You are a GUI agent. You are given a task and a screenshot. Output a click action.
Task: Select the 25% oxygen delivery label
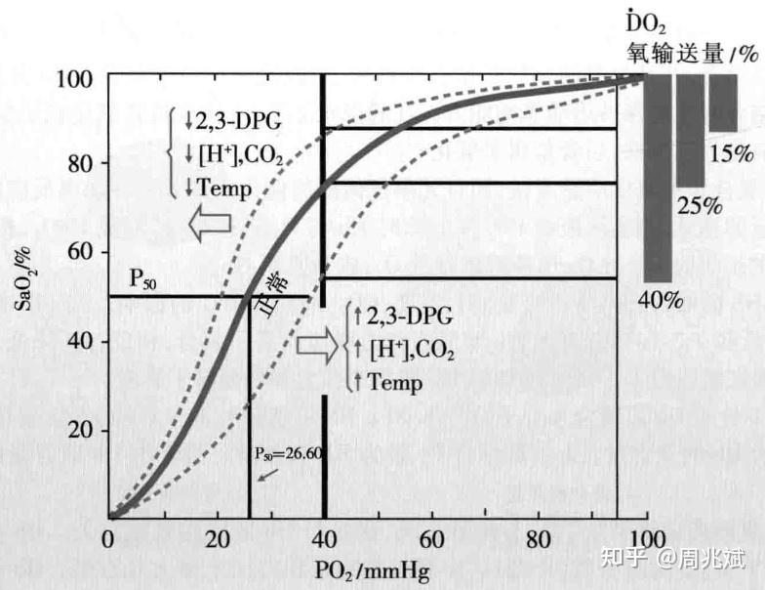[700, 207]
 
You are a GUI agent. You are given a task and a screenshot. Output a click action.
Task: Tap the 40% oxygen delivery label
[662, 299]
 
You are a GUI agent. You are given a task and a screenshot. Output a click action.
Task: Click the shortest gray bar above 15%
[723, 103]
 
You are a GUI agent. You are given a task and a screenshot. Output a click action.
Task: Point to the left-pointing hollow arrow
[209, 224]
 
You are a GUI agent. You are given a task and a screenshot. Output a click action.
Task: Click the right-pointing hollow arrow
[316, 345]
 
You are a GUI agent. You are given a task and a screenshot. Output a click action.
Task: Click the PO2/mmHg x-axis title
[372, 569]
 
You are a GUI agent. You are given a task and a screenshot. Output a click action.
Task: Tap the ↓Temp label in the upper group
[218, 188]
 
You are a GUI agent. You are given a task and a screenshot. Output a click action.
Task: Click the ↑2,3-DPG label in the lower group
[400, 316]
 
